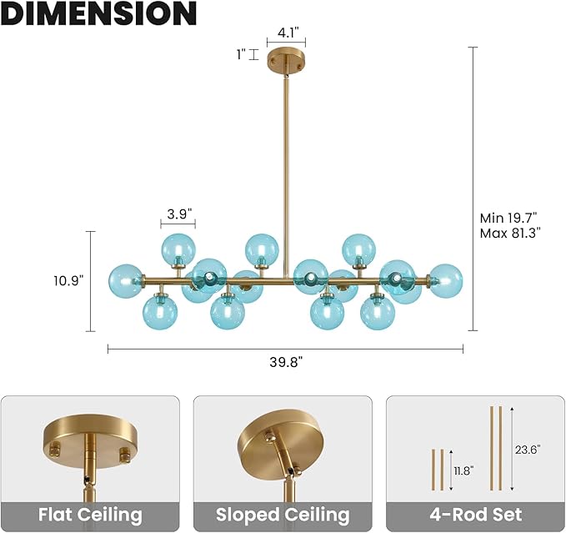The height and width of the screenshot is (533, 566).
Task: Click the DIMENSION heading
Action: [x=99, y=13]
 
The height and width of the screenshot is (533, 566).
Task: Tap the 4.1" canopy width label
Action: [x=287, y=33]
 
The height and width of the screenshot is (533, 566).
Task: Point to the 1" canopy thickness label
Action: [x=241, y=55]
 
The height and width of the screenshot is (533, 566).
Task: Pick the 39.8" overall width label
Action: [x=286, y=362]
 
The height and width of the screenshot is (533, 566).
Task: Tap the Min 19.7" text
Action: [x=508, y=218]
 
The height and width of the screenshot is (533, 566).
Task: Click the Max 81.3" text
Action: [x=510, y=234]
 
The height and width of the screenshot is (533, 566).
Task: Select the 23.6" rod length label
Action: [x=528, y=450]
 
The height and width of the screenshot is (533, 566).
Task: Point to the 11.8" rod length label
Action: [x=463, y=470]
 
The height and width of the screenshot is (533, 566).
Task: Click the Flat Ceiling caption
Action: [x=90, y=515]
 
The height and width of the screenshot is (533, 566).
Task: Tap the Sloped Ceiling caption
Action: [x=283, y=515]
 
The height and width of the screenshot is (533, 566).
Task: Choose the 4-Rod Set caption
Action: [x=476, y=515]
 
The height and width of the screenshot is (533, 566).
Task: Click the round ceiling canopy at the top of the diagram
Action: [x=286, y=60]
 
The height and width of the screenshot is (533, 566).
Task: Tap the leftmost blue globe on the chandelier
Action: [x=126, y=281]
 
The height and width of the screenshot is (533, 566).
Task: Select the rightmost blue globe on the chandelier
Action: [x=445, y=281]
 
